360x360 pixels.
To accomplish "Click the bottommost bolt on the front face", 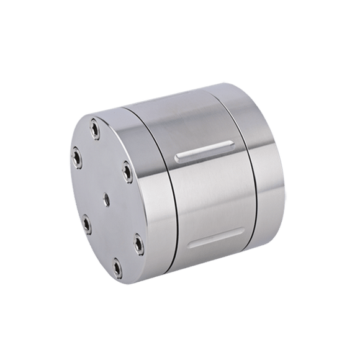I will (x=117, y=268).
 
